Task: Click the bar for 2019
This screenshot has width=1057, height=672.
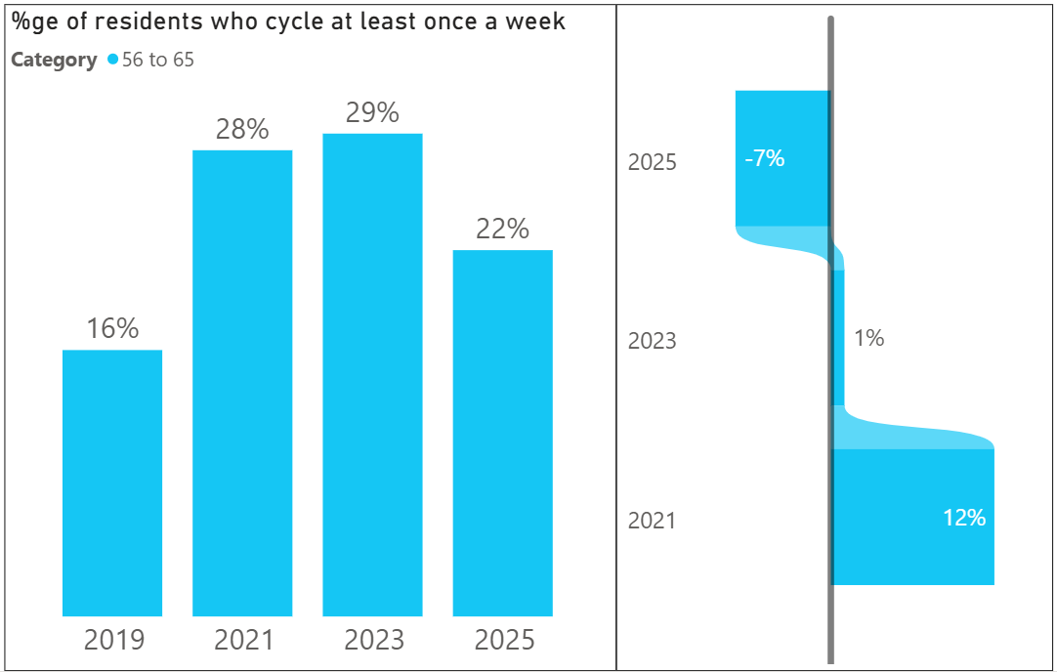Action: [112, 483]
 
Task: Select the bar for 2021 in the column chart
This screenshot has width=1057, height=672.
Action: [242, 383]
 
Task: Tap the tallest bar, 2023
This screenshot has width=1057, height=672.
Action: [372, 374]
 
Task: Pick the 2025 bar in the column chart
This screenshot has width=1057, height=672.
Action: [502, 433]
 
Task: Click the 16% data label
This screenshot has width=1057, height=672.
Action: [112, 329]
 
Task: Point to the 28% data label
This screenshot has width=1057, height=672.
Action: [242, 129]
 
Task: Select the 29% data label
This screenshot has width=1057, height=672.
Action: [372, 112]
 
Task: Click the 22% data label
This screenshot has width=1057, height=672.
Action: [502, 230]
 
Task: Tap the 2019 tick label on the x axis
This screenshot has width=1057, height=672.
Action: [113, 641]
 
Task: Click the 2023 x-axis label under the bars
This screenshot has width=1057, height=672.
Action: [373, 641]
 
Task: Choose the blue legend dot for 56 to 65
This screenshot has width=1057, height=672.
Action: [113, 60]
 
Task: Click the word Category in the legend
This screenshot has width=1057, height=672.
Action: [54, 60]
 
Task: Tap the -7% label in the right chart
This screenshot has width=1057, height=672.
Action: [764, 158]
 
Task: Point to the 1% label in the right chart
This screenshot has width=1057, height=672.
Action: [868, 338]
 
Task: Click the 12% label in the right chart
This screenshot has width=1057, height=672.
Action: [964, 518]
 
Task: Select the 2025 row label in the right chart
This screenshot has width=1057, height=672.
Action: [652, 162]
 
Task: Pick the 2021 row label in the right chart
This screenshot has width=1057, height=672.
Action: [652, 521]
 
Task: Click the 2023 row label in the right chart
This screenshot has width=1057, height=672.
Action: [652, 341]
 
